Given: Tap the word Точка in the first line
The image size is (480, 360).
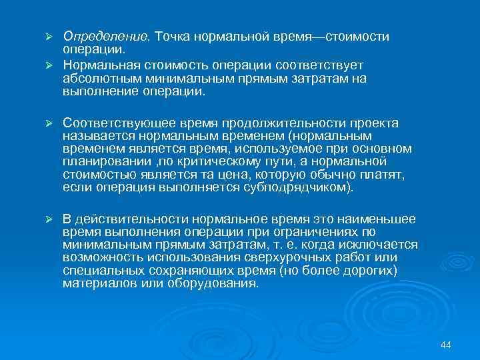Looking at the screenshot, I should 171,36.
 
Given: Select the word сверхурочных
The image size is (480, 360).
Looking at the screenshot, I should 281,257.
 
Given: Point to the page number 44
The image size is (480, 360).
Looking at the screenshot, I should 446,344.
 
